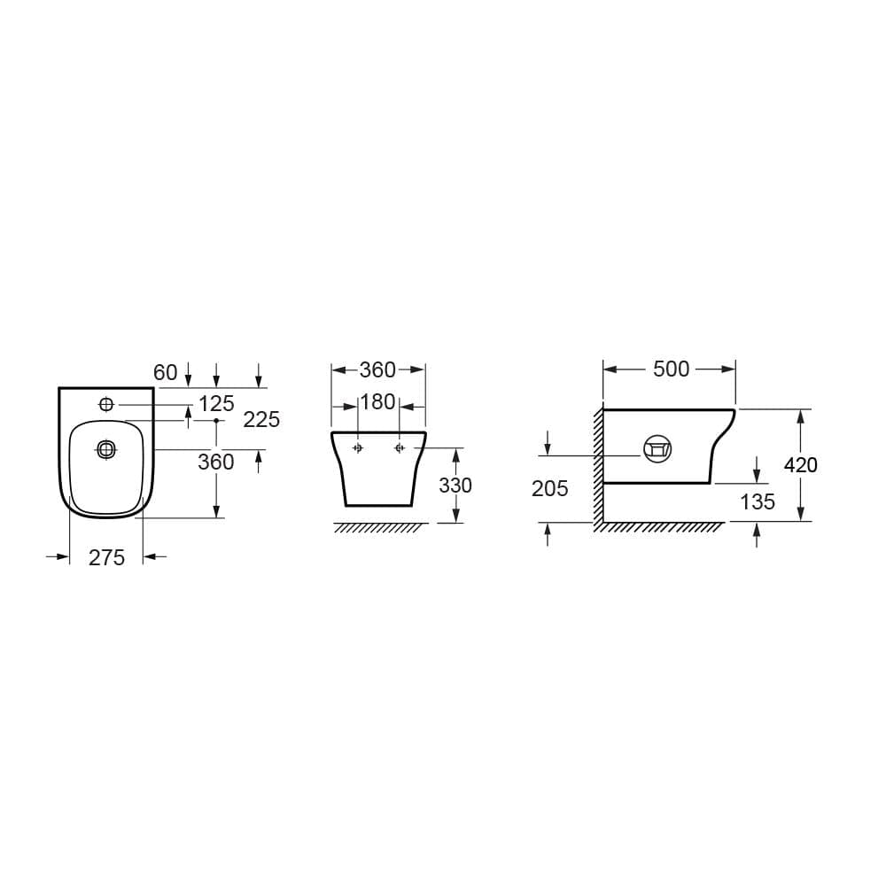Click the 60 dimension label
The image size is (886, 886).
[166, 373]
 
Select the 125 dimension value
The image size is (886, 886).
[216, 404]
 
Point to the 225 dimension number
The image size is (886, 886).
[261, 420]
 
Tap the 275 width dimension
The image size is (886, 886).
[106, 557]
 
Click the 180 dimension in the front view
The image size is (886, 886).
[378, 402]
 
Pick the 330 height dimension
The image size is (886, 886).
[455, 486]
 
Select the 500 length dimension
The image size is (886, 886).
[671, 369]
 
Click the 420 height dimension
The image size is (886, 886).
[800, 464]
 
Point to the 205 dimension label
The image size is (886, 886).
[550, 488]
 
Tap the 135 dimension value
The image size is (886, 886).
[758, 502]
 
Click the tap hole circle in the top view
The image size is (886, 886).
[106, 405]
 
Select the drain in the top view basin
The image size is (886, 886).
[106, 450]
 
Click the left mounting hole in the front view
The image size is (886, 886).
[358, 448]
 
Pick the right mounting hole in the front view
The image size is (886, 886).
[400, 448]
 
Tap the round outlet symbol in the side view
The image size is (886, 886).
[657, 449]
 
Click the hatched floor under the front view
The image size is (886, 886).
[378, 528]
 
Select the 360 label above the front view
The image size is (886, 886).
[378, 370]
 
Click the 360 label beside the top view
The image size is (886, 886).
[216, 462]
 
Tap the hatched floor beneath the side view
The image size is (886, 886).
[660, 527]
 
